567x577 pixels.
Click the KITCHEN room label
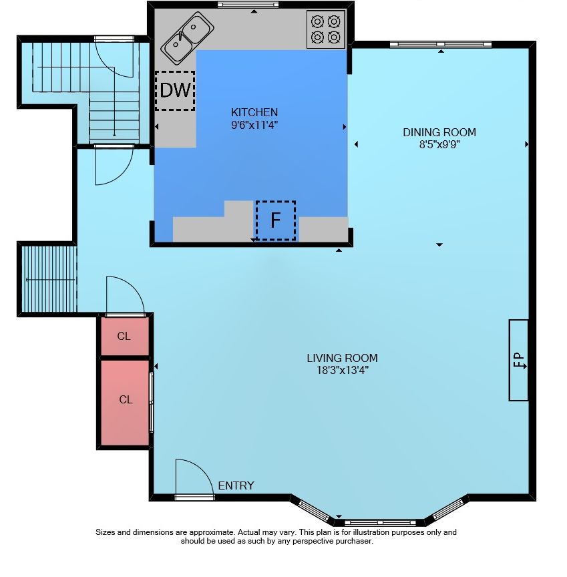254,112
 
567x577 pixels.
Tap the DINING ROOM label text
439,132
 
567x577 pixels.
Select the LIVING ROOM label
342,358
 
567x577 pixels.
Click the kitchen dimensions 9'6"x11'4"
254,125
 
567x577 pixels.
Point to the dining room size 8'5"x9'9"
439,144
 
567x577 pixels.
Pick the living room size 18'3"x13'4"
342,370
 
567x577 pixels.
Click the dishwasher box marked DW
175,91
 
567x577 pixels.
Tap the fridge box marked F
276,220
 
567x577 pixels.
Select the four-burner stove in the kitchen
326,29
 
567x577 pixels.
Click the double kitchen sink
188,38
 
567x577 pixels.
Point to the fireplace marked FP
519,360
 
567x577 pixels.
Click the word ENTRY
236,486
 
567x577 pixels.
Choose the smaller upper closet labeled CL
125,336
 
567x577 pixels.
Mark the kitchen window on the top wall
248,5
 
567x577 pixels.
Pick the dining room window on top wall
441,45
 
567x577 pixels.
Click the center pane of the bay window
380,522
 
